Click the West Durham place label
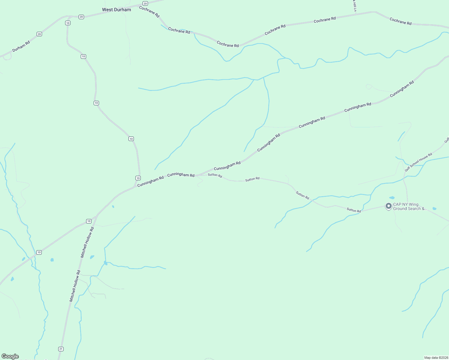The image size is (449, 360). coord(116,10)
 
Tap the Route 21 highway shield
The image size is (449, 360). coord(61,349)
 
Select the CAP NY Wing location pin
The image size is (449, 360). coord(388,206)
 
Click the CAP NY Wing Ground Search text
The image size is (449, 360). coord(410,207)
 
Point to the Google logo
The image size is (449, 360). coord(10,356)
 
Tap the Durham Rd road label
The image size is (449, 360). coord(21,46)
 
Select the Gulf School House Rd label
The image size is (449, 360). coord(418,162)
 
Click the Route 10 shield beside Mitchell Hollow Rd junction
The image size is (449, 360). coord(89,221)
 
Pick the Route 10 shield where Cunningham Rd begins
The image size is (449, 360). coord(138,178)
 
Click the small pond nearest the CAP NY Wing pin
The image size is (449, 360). coord(392,198)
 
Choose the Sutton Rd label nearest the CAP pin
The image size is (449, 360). coord(354,210)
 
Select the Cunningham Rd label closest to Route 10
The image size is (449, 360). coord(150,181)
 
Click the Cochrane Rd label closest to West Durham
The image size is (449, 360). coord(149,11)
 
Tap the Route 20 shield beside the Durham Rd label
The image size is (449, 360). coord(39,34)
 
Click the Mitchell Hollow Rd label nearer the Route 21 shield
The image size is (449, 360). coord(75,286)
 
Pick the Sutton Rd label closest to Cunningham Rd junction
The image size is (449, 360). coord(215,175)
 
